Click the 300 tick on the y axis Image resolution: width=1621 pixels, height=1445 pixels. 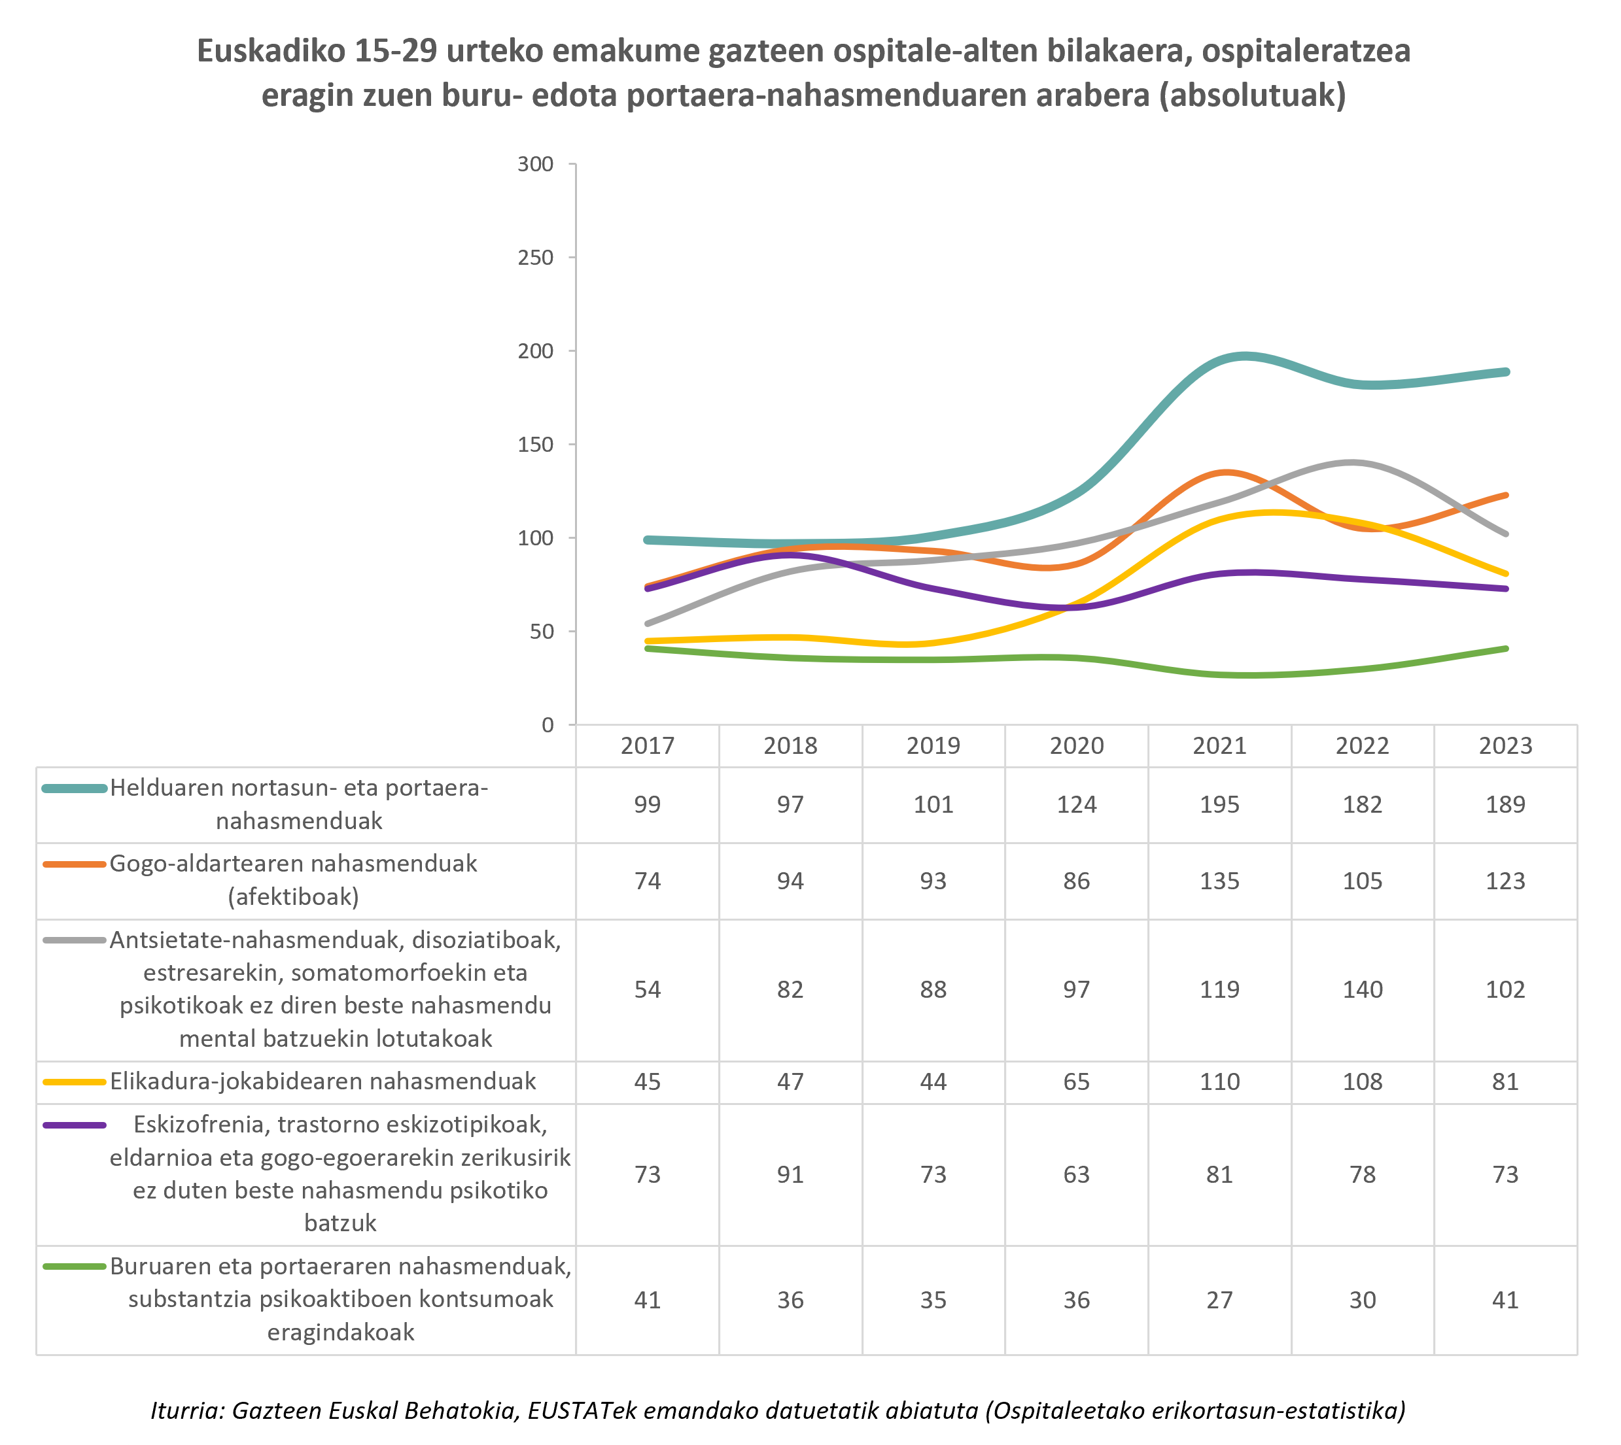[x=535, y=164]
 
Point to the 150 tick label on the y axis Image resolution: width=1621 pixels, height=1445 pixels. [x=535, y=445]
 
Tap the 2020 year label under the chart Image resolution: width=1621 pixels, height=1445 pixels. [x=1076, y=745]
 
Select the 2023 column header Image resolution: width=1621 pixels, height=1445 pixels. [x=1505, y=745]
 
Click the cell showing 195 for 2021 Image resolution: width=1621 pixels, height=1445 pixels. [x=1219, y=804]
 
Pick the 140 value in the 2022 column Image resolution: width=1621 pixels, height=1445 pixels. [x=1362, y=989]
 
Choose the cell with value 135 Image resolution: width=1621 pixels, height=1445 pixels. [x=1219, y=881]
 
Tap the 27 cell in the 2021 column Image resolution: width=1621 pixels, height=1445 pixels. [x=1219, y=1300]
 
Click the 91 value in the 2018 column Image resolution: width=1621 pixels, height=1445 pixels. [x=790, y=1174]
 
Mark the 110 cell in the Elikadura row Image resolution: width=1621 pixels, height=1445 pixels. [x=1219, y=1081]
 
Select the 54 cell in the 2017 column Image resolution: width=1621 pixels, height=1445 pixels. [x=648, y=989]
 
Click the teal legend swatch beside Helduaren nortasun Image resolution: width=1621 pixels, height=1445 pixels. [x=75, y=789]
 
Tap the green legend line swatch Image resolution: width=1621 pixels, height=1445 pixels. [x=75, y=1267]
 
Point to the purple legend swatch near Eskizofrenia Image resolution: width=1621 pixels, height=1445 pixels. [x=75, y=1125]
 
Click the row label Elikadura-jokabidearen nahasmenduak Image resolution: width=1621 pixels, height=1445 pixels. [x=322, y=1081]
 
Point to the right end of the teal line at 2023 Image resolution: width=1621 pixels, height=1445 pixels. [x=1506, y=371]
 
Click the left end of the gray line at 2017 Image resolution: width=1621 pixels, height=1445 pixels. [x=648, y=623]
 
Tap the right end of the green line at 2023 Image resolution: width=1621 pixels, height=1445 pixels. [x=1506, y=649]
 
